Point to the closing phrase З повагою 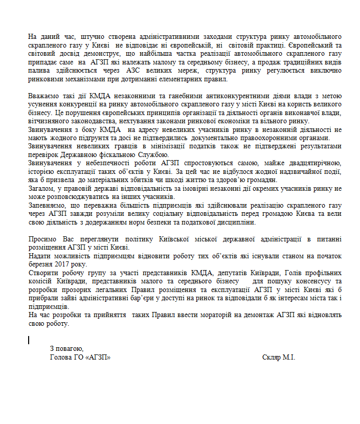click(66, 348)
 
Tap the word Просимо click(43, 239)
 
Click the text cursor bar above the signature click(29, 339)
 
